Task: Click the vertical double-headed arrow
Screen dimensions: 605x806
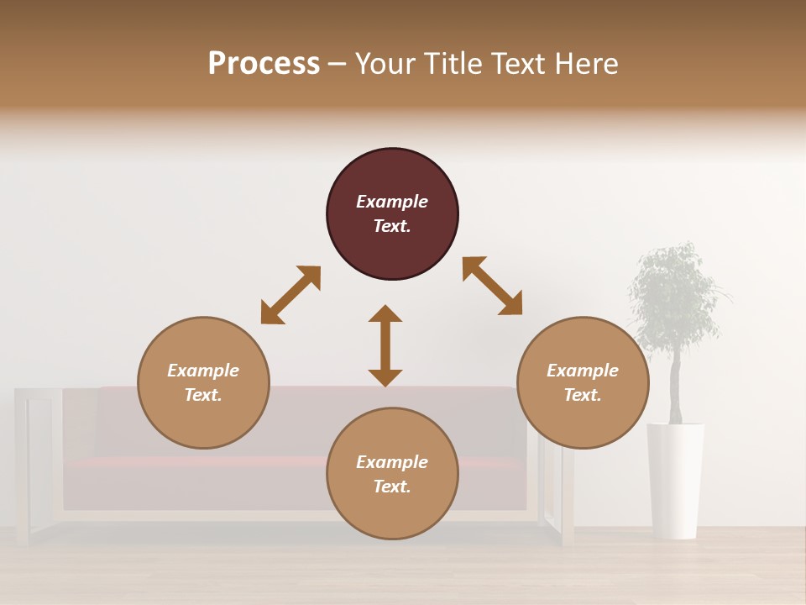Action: pyautogui.click(x=385, y=345)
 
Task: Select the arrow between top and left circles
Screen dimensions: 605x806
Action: pyautogui.click(x=290, y=295)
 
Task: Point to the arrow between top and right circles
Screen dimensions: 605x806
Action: pyautogui.click(x=493, y=286)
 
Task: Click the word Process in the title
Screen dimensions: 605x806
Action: pyautogui.click(x=264, y=64)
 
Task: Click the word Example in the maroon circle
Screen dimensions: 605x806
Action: pyautogui.click(x=392, y=202)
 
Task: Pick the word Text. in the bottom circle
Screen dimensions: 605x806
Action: pyautogui.click(x=392, y=487)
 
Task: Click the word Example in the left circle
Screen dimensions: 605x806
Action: pyautogui.click(x=203, y=371)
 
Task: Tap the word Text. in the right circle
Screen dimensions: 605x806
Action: pyautogui.click(x=583, y=395)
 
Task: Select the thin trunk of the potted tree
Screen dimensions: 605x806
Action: pyautogui.click(x=675, y=387)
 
